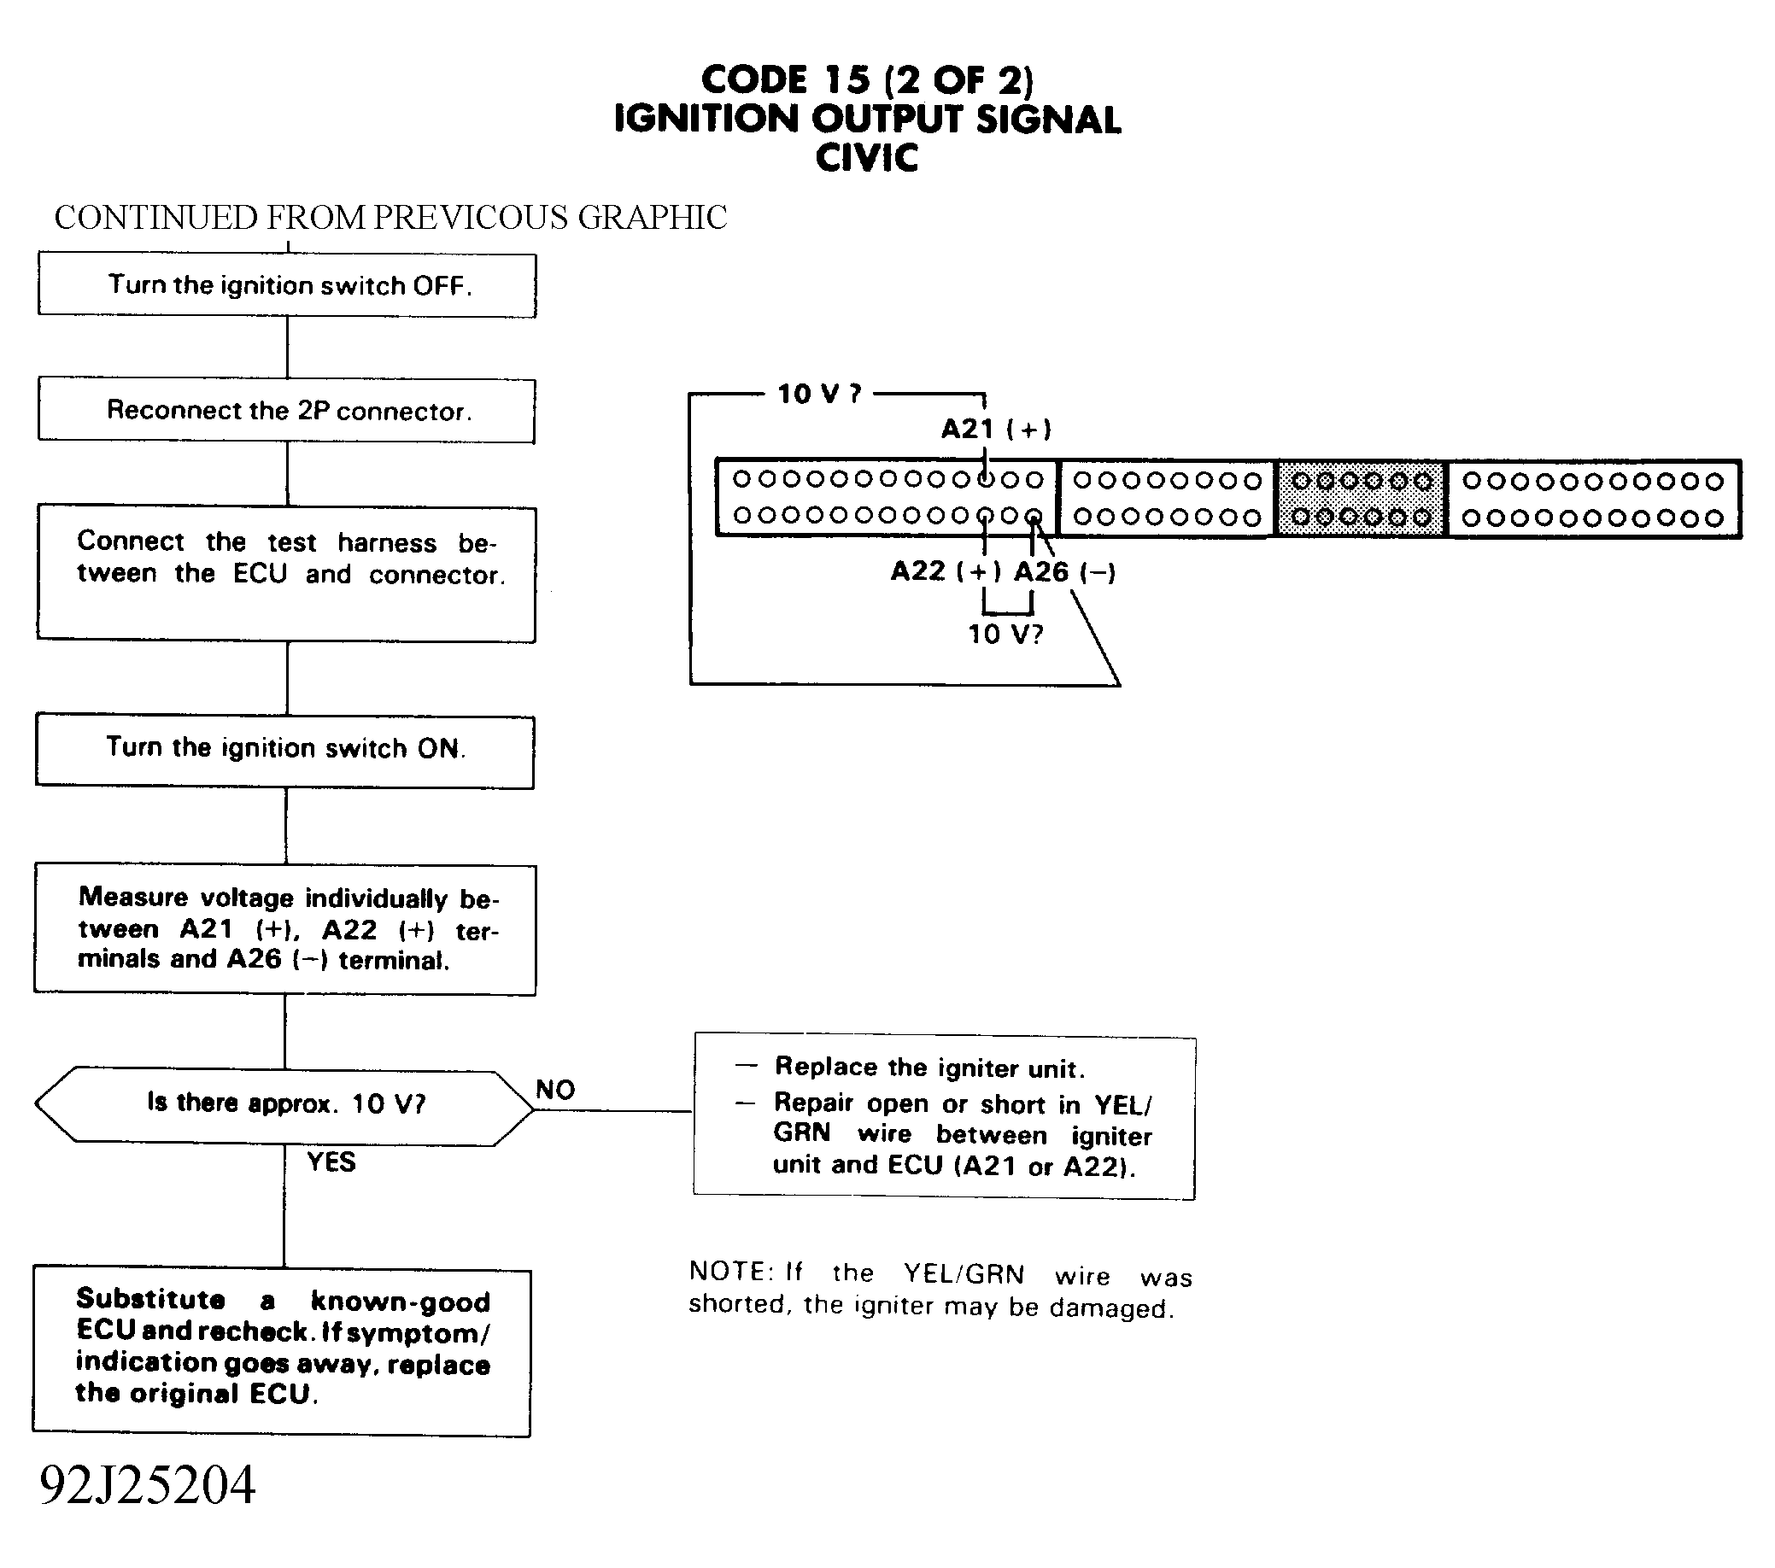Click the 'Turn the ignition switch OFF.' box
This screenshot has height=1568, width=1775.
click(286, 284)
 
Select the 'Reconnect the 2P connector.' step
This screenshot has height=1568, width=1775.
click(286, 410)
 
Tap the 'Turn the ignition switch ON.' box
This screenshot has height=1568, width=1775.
click(284, 748)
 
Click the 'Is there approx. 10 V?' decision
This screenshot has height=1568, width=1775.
click(284, 1103)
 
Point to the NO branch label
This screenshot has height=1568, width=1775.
click(555, 1090)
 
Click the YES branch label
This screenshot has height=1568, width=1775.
click(331, 1161)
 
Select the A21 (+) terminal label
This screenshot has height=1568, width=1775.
click(995, 429)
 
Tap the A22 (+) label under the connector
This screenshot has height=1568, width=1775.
click(945, 571)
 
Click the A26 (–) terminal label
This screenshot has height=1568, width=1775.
click(1064, 572)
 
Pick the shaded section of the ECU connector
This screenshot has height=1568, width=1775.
click(1361, 500)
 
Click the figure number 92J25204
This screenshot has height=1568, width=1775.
click(148, 1485)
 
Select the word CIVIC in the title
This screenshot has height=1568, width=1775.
click(867, 158)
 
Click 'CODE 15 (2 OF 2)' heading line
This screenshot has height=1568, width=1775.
click(867, 80)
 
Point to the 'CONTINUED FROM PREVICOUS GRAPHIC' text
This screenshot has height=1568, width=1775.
click(390, 218)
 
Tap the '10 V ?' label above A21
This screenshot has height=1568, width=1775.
click(818, 395)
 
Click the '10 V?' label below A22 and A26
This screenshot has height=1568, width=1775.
click(1005, 635)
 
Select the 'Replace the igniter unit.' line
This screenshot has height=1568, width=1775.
click(929, 1067)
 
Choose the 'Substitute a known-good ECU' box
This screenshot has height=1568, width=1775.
click(282, 1349)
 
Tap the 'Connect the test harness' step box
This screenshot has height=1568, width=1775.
click(285, 574)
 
